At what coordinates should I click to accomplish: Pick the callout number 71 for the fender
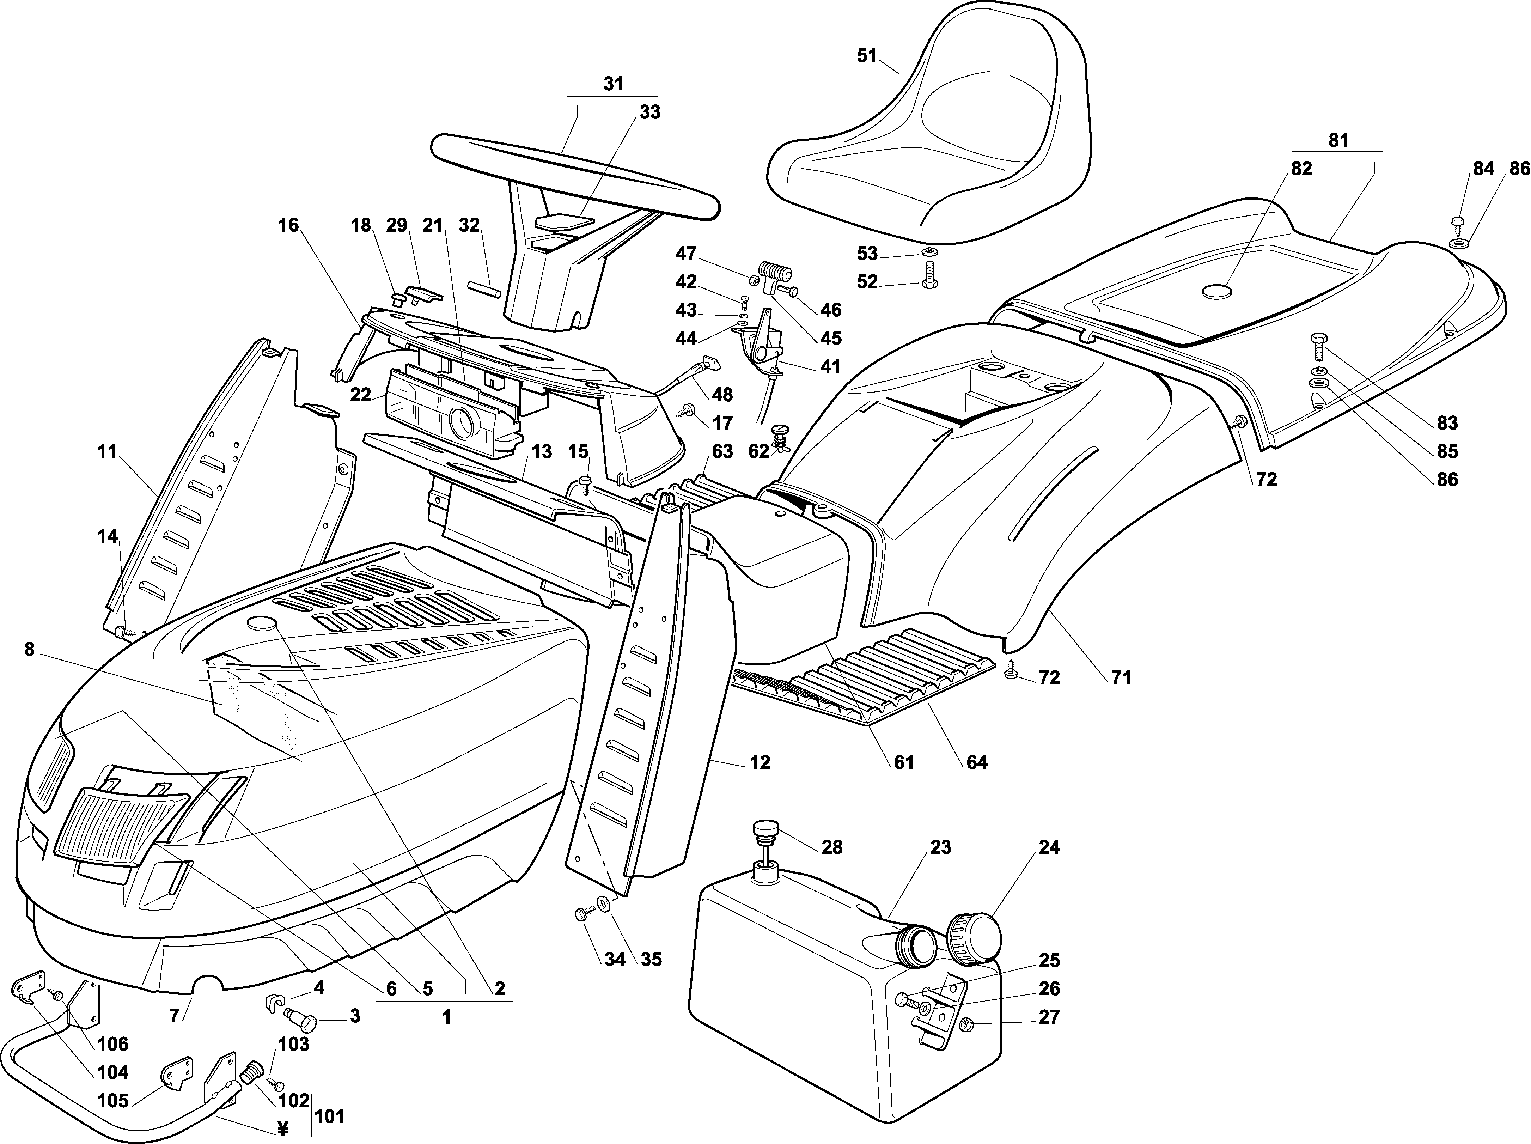pyautogui.click(x=1121, y=677)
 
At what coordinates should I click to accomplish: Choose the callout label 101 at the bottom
pyautogui.click(x=329, y=1116)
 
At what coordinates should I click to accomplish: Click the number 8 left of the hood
pyautogui.click(x=29, y=649)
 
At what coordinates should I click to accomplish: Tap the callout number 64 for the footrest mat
pyautogui.click(x=977, y=763)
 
